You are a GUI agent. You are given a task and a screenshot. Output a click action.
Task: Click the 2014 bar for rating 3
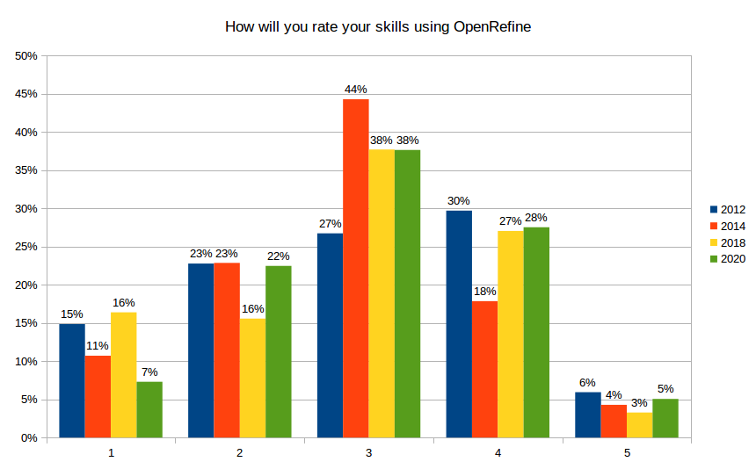click(356, 268)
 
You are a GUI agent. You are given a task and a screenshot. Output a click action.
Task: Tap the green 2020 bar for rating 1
click(149, 409)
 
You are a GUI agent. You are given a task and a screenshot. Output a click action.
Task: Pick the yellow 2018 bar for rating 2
click(252, 378)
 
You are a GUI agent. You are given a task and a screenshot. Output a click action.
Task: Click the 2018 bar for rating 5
click(640, 425)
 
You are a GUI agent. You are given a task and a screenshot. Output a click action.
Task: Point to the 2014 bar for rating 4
click(485, 369)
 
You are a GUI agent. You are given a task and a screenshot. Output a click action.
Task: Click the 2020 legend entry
click(728, 259)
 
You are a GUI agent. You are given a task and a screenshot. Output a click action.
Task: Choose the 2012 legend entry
click(728, 210)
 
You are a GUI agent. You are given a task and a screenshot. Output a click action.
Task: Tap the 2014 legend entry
click(728, 227)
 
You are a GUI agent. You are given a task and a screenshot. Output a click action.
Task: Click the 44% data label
click(356, 90)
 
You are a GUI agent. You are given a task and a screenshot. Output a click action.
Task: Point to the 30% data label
click(459, 201)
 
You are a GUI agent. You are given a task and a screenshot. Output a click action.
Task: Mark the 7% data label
click(149, 372)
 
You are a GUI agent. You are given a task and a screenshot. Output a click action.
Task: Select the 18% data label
click(485, 292)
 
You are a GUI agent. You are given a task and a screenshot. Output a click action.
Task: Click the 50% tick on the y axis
click(26, 56)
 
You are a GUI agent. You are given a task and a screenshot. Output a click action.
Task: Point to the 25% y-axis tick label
click(26, 247)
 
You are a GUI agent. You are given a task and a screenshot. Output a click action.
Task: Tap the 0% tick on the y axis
click(29, 437)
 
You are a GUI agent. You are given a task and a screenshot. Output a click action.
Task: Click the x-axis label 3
click(369, 453)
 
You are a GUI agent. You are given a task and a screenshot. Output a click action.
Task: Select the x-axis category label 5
click(628, 453)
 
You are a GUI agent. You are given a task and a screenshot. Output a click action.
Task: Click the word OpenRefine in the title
click(492, 27)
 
